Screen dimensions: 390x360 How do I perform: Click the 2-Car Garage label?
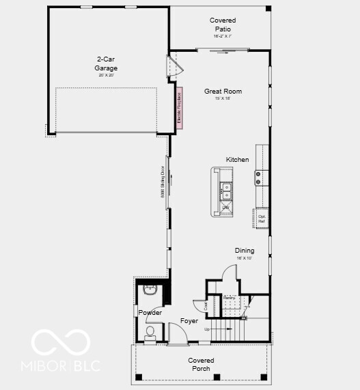point(106,64)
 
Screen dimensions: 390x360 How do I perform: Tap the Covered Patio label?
point(223,25)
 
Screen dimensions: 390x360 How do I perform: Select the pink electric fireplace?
point(180,107)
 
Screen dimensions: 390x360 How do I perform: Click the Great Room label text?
point(223,91)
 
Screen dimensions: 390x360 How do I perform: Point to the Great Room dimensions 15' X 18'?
point(223,98)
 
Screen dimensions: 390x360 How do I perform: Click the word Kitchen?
point(238,159)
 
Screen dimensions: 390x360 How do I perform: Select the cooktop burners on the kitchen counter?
point(259,178)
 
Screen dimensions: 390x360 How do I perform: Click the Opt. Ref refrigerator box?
point(261,219)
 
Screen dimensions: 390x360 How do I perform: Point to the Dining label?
point(245,251)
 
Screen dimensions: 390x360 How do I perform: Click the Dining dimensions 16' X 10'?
point(245,258)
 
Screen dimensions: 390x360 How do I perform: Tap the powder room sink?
point(149,290)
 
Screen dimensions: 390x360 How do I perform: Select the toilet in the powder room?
point(150,332)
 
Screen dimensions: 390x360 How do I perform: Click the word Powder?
point(150,313)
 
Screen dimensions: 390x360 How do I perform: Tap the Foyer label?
point(189,320)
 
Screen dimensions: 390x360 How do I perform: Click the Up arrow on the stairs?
point(208,329)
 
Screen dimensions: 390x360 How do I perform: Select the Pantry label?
point(229,298)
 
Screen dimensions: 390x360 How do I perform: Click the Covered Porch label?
point(201,364)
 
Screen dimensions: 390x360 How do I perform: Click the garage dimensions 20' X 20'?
point(106,74)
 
